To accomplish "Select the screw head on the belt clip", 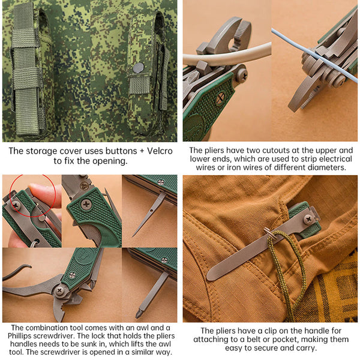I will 308,220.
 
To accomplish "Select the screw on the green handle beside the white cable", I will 242,75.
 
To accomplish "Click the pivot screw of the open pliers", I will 60,290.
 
